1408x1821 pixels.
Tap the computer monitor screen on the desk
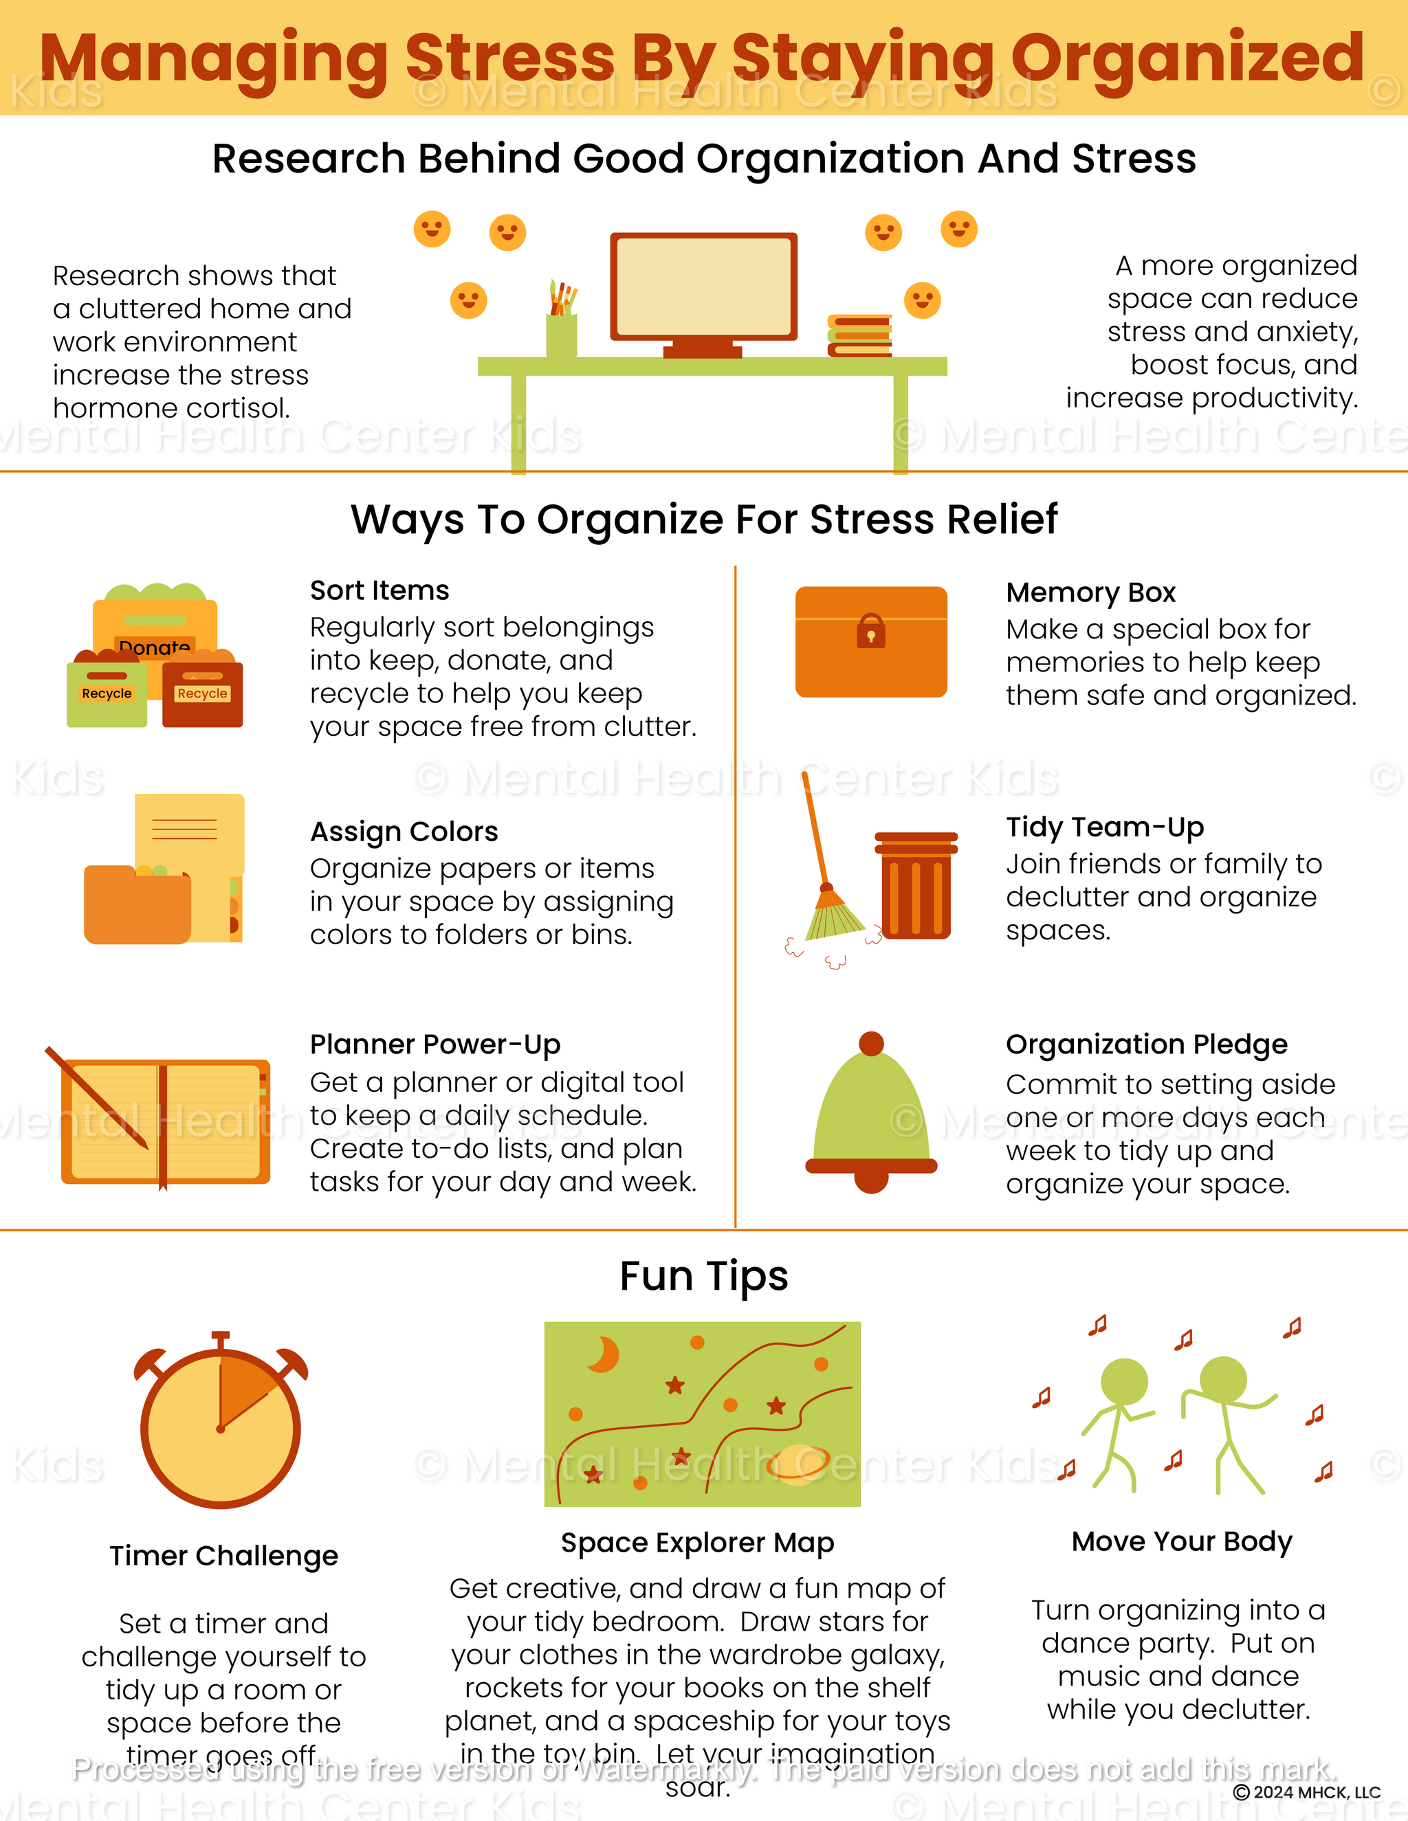pos(703,285)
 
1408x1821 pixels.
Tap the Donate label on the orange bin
pos(154,647)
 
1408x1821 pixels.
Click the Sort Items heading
pos(379,590)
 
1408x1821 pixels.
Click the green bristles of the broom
pos(834,917)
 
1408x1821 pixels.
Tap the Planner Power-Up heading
pos(434,1044)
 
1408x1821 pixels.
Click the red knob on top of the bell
pos(871,1043)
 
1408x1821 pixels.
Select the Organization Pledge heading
pos(1146,1044)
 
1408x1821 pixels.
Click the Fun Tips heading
pos(703,1275)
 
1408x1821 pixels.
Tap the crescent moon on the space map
pos(604,1354)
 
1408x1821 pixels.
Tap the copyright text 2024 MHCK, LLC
pos(1306,1792)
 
